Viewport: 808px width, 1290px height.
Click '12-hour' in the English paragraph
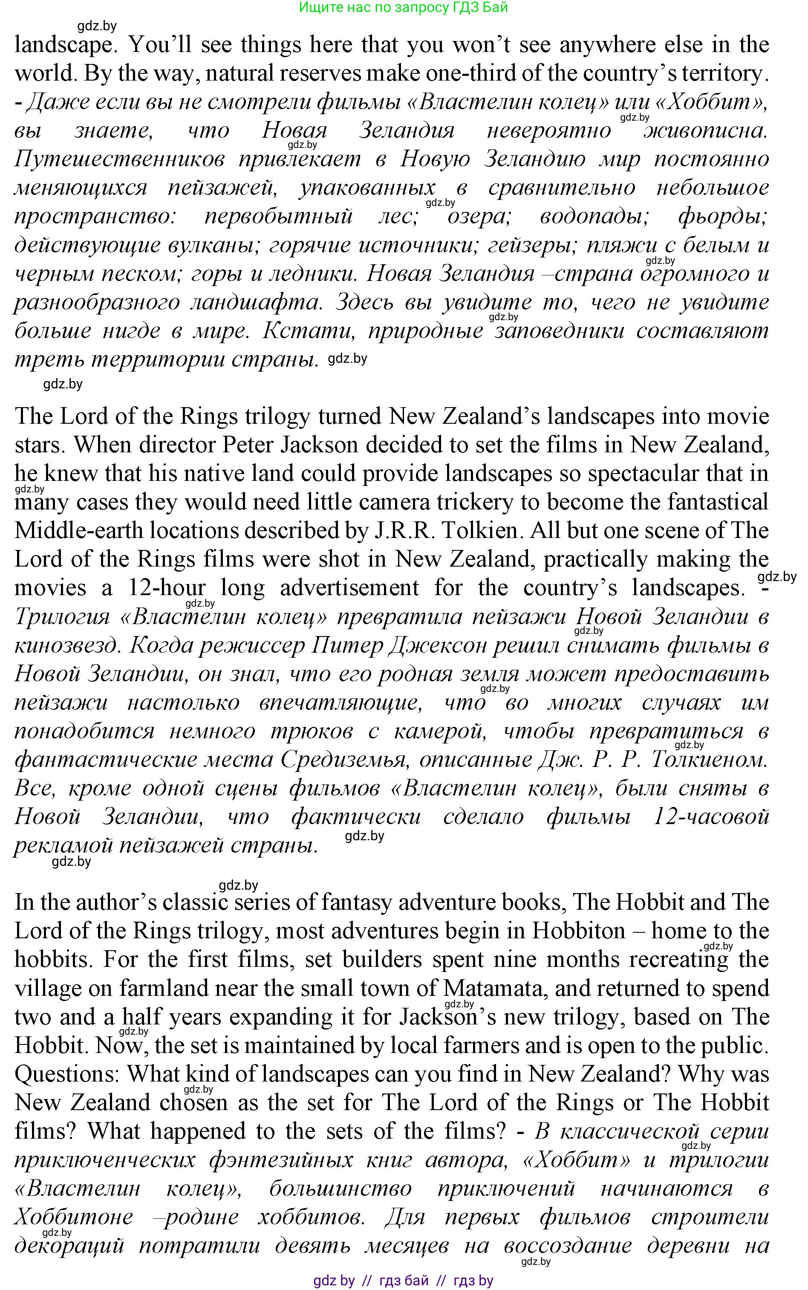[166, 587]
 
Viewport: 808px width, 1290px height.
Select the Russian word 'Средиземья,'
[343, 759]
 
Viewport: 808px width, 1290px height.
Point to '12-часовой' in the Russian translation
[711, 817]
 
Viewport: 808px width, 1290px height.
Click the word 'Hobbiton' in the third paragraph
[578, 931]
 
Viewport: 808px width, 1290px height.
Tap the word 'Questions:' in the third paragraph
[68, 1073]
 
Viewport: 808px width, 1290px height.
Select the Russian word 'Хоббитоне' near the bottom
[73, 1217]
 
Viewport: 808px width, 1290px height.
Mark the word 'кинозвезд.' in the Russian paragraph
[67, 645]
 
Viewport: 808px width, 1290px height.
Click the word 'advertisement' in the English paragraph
[349, 587]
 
